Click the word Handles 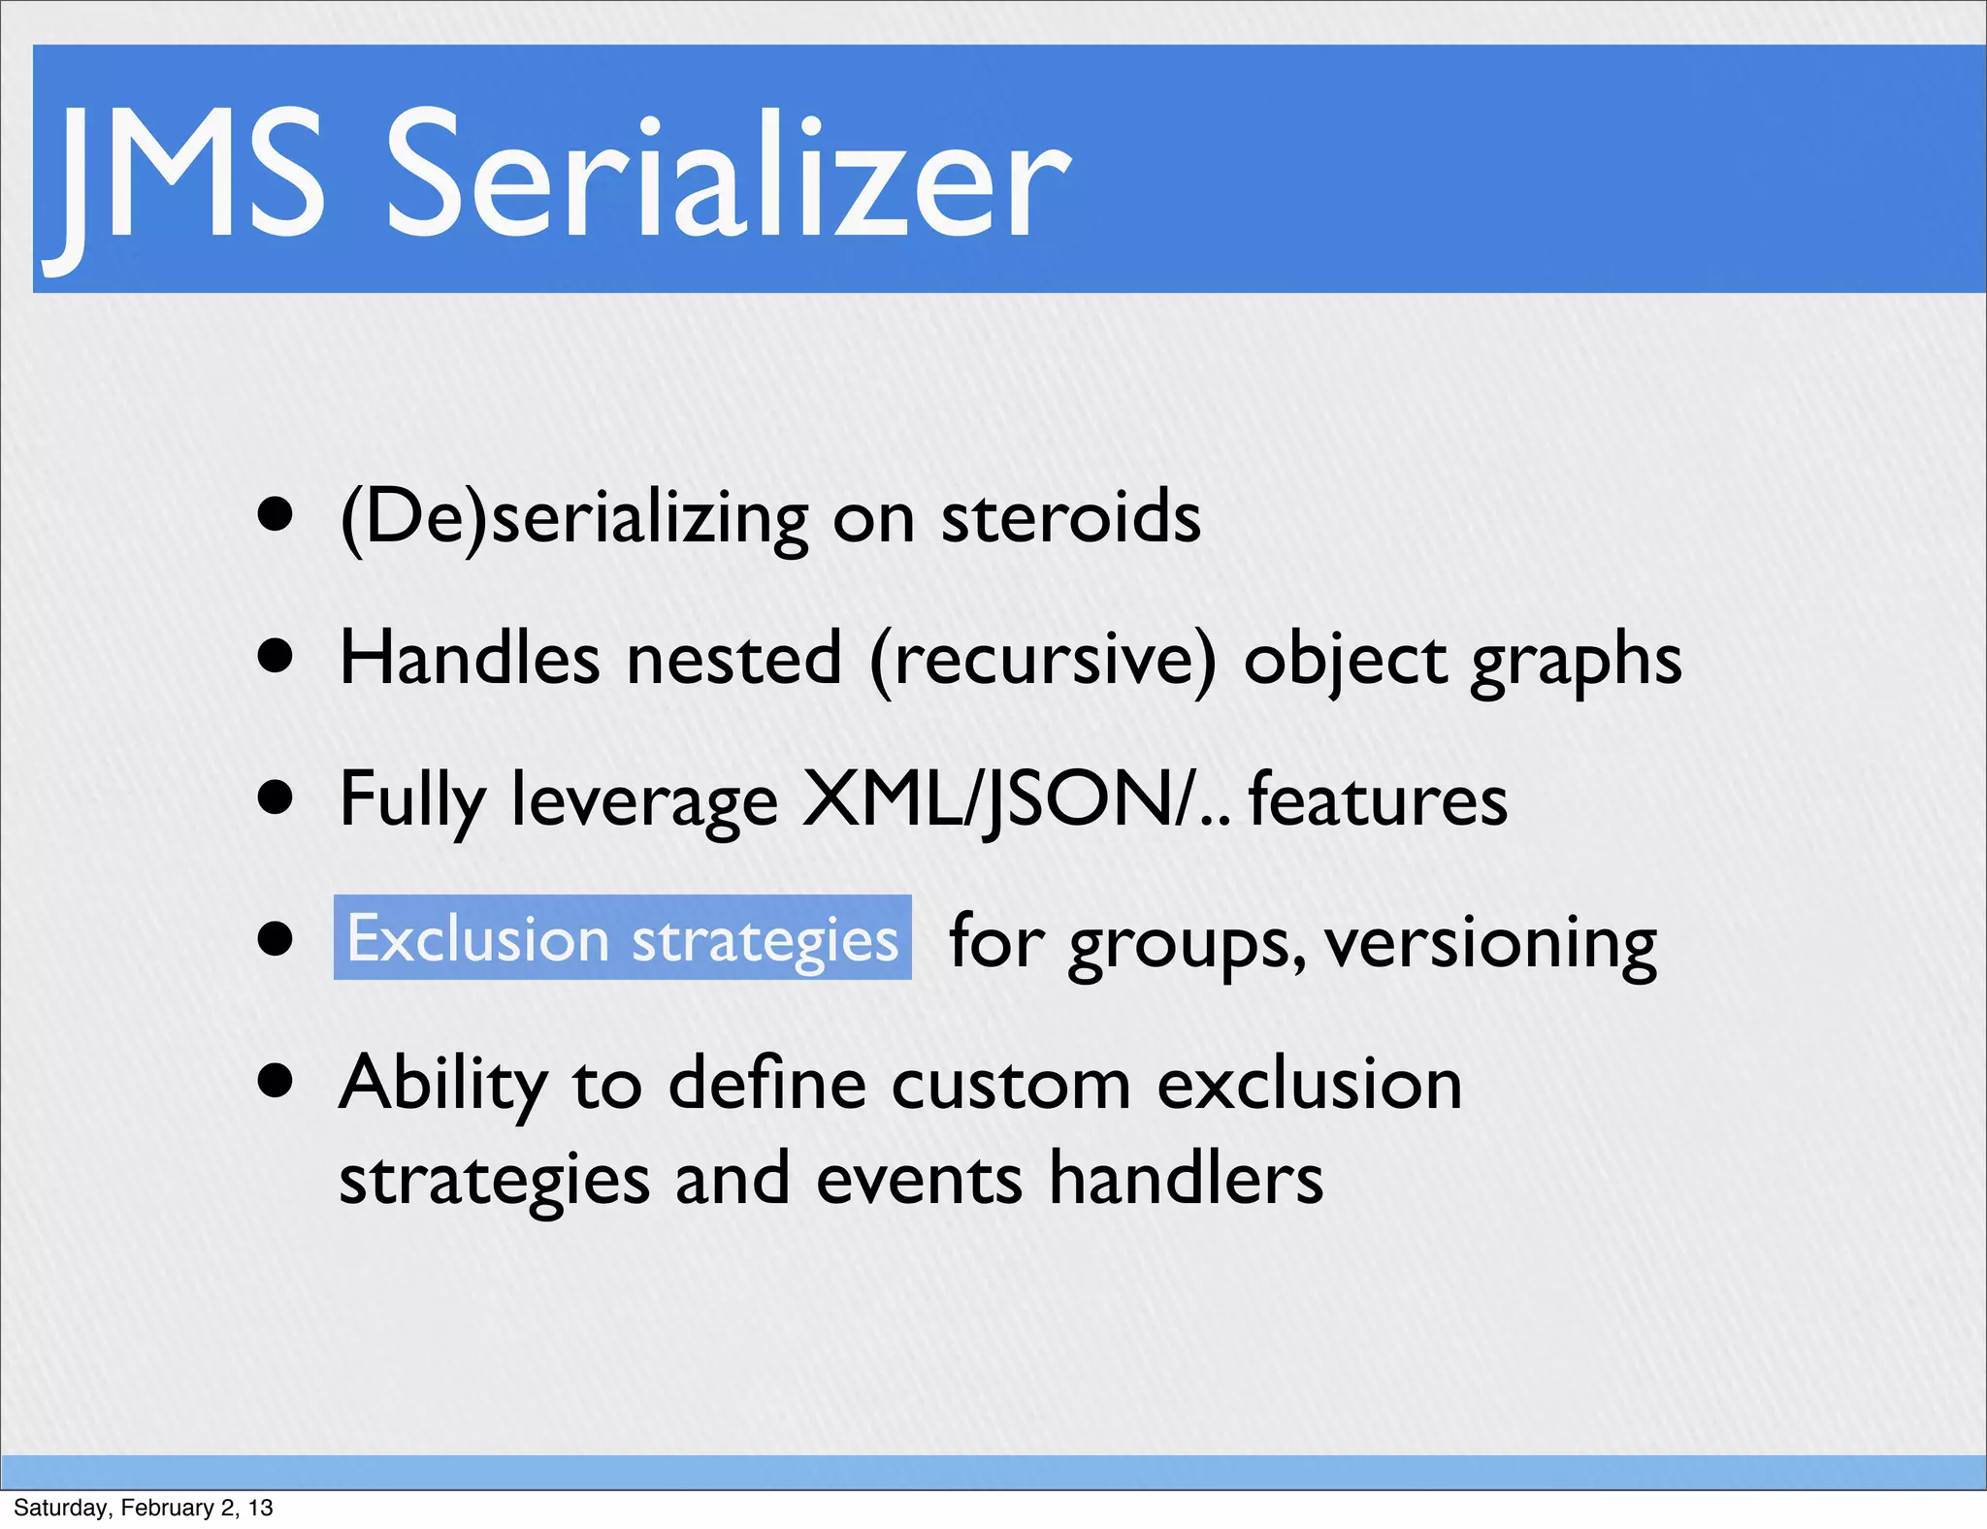[470, 659]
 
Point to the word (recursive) [1042, 661]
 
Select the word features [1378, 799]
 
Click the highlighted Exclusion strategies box [623, 938]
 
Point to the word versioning [1491, 943]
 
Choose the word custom [1011, 1084]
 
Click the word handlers [1187, 1179]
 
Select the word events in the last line [919, 1179]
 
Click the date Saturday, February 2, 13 [143, 1508]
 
